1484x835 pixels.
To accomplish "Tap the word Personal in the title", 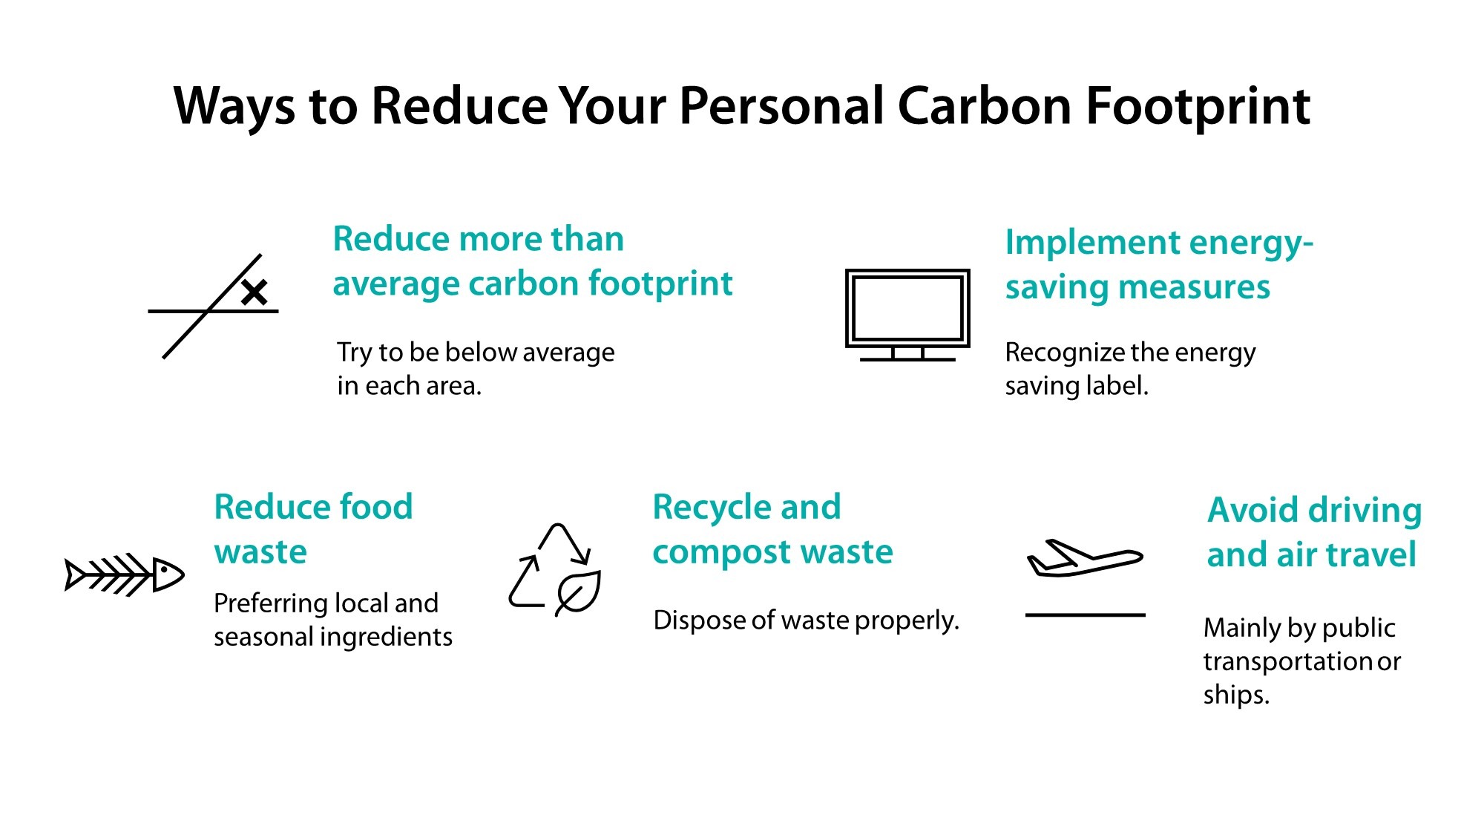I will coord(781,106).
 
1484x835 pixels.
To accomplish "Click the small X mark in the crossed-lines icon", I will coord(254,292).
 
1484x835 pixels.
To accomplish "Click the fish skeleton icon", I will coord(125,574).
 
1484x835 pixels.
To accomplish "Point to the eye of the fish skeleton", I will coord(162,572).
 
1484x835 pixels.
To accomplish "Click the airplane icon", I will coord(1084,558).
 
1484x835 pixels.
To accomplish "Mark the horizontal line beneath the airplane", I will coord(1085,615).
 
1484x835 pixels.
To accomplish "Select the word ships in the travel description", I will coord(1235,695).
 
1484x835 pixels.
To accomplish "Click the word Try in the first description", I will coord(355,353).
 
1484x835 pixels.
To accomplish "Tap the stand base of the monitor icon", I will coord(907,359).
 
